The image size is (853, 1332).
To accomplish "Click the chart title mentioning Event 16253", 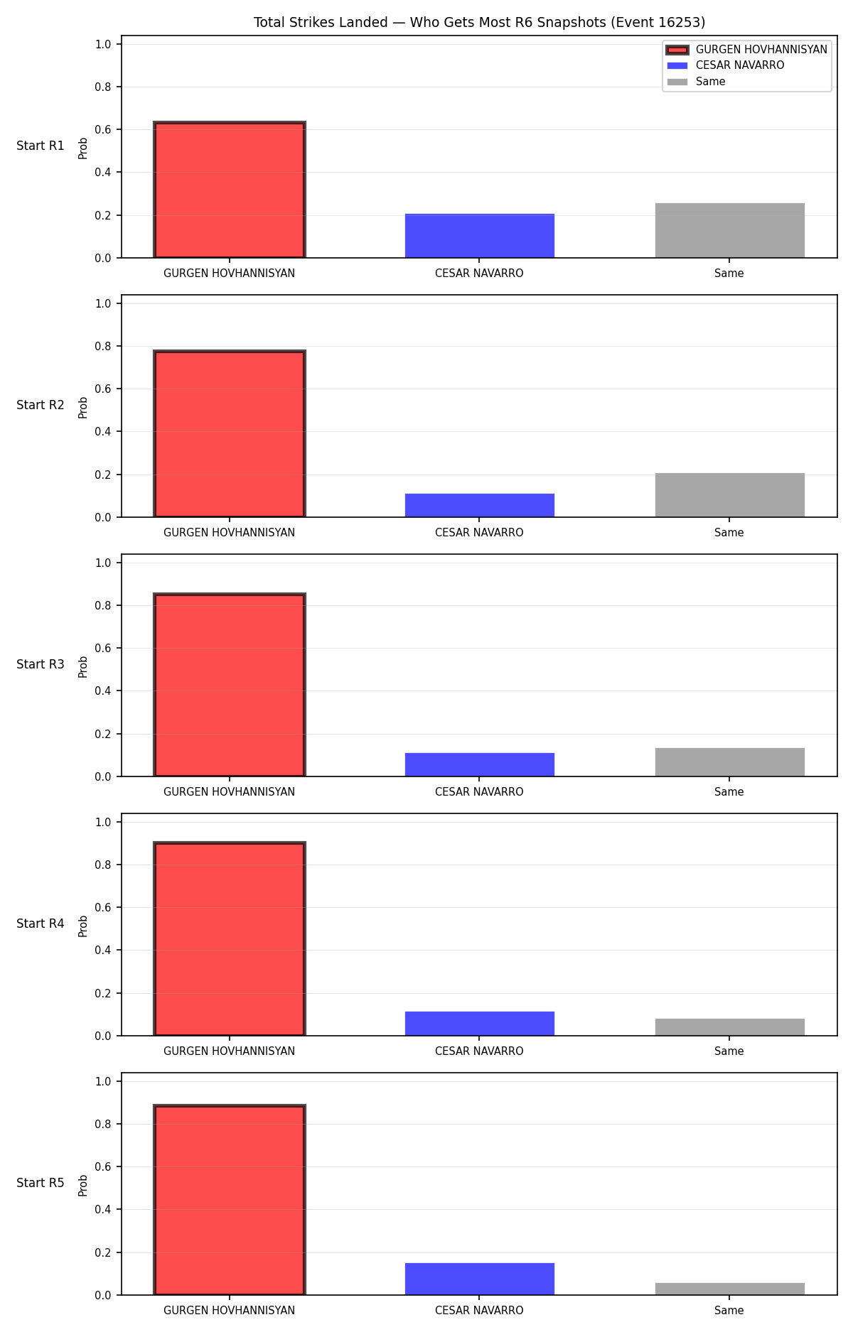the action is coord(479,23).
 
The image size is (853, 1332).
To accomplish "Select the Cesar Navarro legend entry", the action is coord(740,65).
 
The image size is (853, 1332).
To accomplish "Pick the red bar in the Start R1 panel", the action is coord(230,190).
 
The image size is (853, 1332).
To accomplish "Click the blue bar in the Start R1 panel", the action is coord(480,236).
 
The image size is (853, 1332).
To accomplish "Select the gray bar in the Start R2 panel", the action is coord(730,495).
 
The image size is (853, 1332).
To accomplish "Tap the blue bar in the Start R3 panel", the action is coord(480,764).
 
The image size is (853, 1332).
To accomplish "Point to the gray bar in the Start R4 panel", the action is coord(730,1027).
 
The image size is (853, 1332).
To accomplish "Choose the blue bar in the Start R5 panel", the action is coord(480,1279).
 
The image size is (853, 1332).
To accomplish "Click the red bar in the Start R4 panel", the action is coord(230,939).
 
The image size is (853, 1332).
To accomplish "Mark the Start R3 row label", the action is coord(41,664).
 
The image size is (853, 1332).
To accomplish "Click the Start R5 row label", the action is coord(41,1183).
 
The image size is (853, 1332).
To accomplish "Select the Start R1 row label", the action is coord(41,146).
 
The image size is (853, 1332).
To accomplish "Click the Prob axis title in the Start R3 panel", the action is coord(83,666).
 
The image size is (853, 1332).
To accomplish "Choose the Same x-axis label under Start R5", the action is coord(729,1311).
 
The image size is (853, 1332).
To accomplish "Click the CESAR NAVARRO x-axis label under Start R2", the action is coord(479,533).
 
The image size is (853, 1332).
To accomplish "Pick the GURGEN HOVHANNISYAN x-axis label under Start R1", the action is coord(229,274).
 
